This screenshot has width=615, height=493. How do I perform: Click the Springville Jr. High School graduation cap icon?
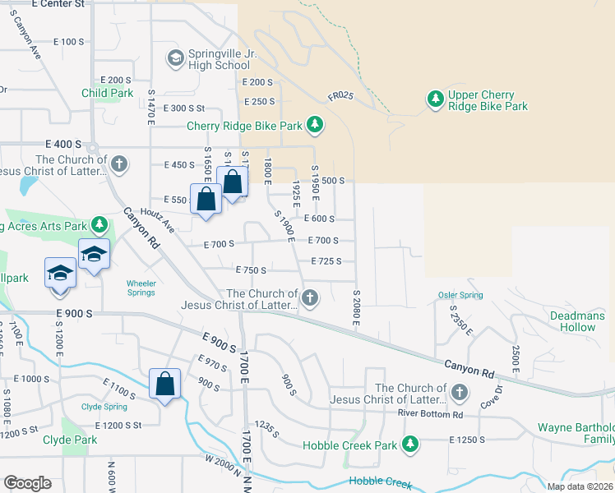(175, 58)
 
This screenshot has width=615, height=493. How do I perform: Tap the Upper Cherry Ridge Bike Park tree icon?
(435, 99)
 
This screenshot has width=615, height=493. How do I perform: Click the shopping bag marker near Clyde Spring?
(164, 384)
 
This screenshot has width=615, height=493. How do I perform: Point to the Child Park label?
(107, 94)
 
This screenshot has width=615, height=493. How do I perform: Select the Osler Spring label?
(460, 296)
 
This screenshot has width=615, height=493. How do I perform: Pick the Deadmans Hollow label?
(578, 321)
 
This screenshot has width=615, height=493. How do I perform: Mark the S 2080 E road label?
(356, 306)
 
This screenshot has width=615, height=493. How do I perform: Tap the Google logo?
(27, 483)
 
